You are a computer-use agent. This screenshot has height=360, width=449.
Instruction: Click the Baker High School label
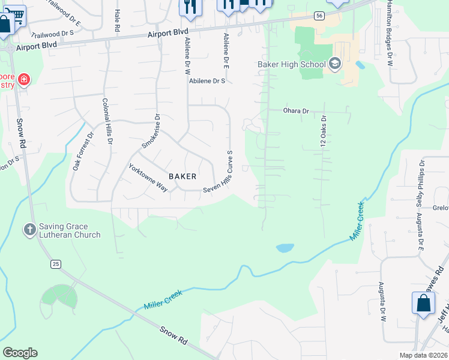pos(291,64)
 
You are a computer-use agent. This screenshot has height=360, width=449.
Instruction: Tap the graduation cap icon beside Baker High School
pos(334,64)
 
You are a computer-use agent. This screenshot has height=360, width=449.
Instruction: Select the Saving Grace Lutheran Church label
pos(63,230)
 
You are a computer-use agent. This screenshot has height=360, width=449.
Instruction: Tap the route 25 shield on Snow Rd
pos(56,264)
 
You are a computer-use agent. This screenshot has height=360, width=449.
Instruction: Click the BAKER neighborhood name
pos(182,176)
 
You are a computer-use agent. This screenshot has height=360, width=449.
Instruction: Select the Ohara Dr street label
pos(296,111)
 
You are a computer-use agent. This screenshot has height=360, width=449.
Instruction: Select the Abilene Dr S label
pos(206,80)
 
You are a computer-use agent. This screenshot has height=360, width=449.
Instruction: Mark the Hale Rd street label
pos(117,22)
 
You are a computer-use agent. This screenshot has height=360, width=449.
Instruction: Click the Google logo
pos(20,353)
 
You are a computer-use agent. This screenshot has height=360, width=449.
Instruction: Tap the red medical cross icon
pos(23,79)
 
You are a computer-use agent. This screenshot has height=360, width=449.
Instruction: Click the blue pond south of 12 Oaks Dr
pos(285,247)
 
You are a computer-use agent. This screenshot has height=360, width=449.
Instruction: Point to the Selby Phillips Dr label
pos(421,183)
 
